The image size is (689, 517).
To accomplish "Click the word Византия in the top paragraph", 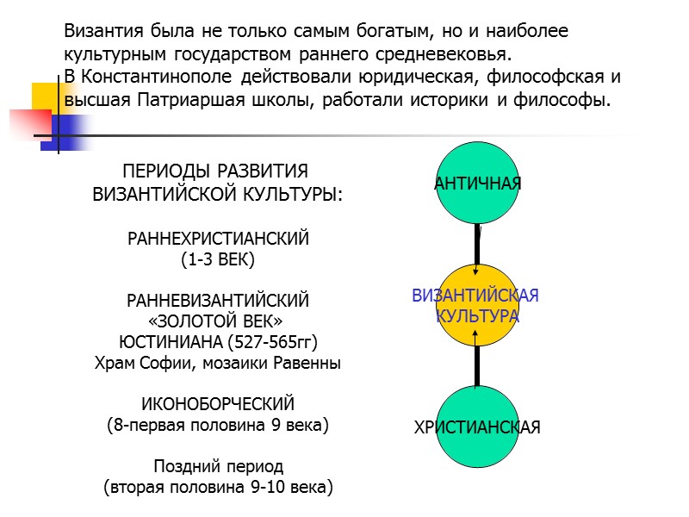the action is point(101,33).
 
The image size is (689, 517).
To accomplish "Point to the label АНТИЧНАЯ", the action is point(478,184).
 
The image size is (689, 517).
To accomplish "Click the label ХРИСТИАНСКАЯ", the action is point(477,427).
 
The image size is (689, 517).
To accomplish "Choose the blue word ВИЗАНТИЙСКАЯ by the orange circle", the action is point(475,296).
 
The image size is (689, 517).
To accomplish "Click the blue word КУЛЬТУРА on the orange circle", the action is point(477,315).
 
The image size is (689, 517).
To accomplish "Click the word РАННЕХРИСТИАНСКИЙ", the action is point(217,238).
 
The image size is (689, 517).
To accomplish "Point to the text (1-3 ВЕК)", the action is point(217,258).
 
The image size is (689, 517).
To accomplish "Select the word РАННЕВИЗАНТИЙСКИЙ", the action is point(217,301).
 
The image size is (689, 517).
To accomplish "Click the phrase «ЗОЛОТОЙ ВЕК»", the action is point(217,321).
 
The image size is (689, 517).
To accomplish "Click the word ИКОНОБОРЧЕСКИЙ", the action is point(217,404).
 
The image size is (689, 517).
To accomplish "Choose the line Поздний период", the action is point(217,467).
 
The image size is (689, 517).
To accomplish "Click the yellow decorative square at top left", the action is point(43,95).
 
